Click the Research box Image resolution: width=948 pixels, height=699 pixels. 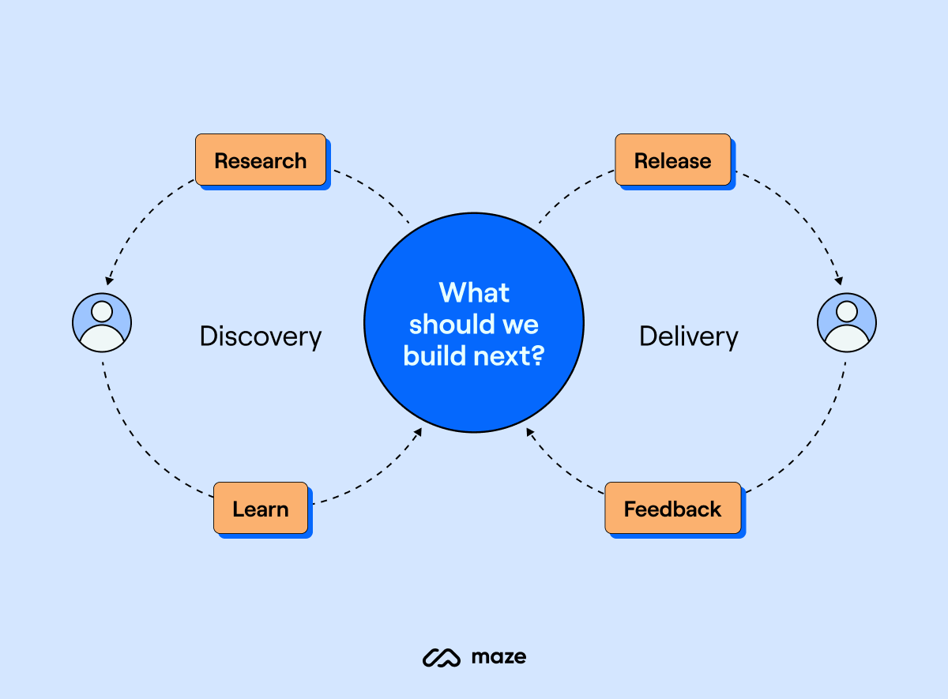click(261, 160)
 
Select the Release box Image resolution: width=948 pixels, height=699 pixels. click(672, 160)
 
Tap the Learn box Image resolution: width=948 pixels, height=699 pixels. click(261, 509)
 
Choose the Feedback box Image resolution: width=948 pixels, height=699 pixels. click(672, 509)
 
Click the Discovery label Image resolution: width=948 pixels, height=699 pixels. click(261, 336)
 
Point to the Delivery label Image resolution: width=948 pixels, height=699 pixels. click(688, 336)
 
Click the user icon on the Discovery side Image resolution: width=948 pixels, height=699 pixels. click(102, 322)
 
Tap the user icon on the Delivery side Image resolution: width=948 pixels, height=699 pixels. click(846, 322)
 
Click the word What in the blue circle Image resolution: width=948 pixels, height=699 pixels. click(474, 293)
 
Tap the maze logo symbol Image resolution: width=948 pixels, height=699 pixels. click(441, 657)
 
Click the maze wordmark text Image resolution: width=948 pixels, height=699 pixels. click(498, 657)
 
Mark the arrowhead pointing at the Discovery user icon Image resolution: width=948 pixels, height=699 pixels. click(108, 280)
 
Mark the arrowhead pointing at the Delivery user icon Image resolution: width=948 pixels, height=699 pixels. click(839, 280)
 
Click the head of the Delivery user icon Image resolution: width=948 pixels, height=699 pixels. click(846, 311)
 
